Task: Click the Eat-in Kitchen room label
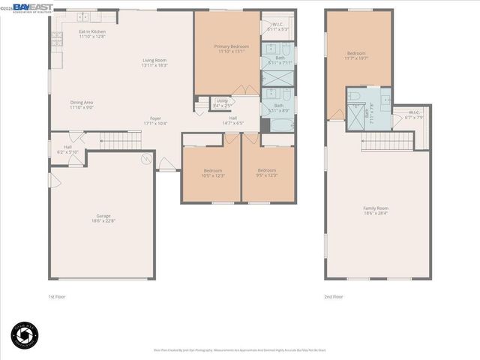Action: tap(92, 34)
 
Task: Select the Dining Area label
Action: tap(82, 105)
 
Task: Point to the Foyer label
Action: tap(155, 121)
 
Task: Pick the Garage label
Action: tap(103, 218)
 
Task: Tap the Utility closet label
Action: tap(222, 103)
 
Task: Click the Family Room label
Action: tap(376, 210)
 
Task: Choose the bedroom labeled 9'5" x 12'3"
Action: tap(267, 172)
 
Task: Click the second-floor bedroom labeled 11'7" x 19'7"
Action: tap(356, 55)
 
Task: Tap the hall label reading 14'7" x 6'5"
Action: tap(232, 121)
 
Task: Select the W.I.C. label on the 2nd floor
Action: tap(415, 115)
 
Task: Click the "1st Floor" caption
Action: tap(57, 297)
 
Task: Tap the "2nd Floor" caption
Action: tap(334, 297)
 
